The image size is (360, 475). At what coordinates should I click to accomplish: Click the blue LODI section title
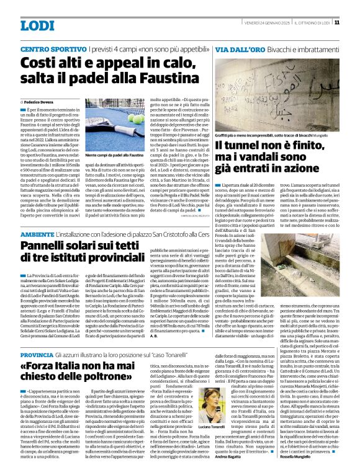37,25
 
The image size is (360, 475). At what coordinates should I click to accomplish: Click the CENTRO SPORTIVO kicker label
51,48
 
